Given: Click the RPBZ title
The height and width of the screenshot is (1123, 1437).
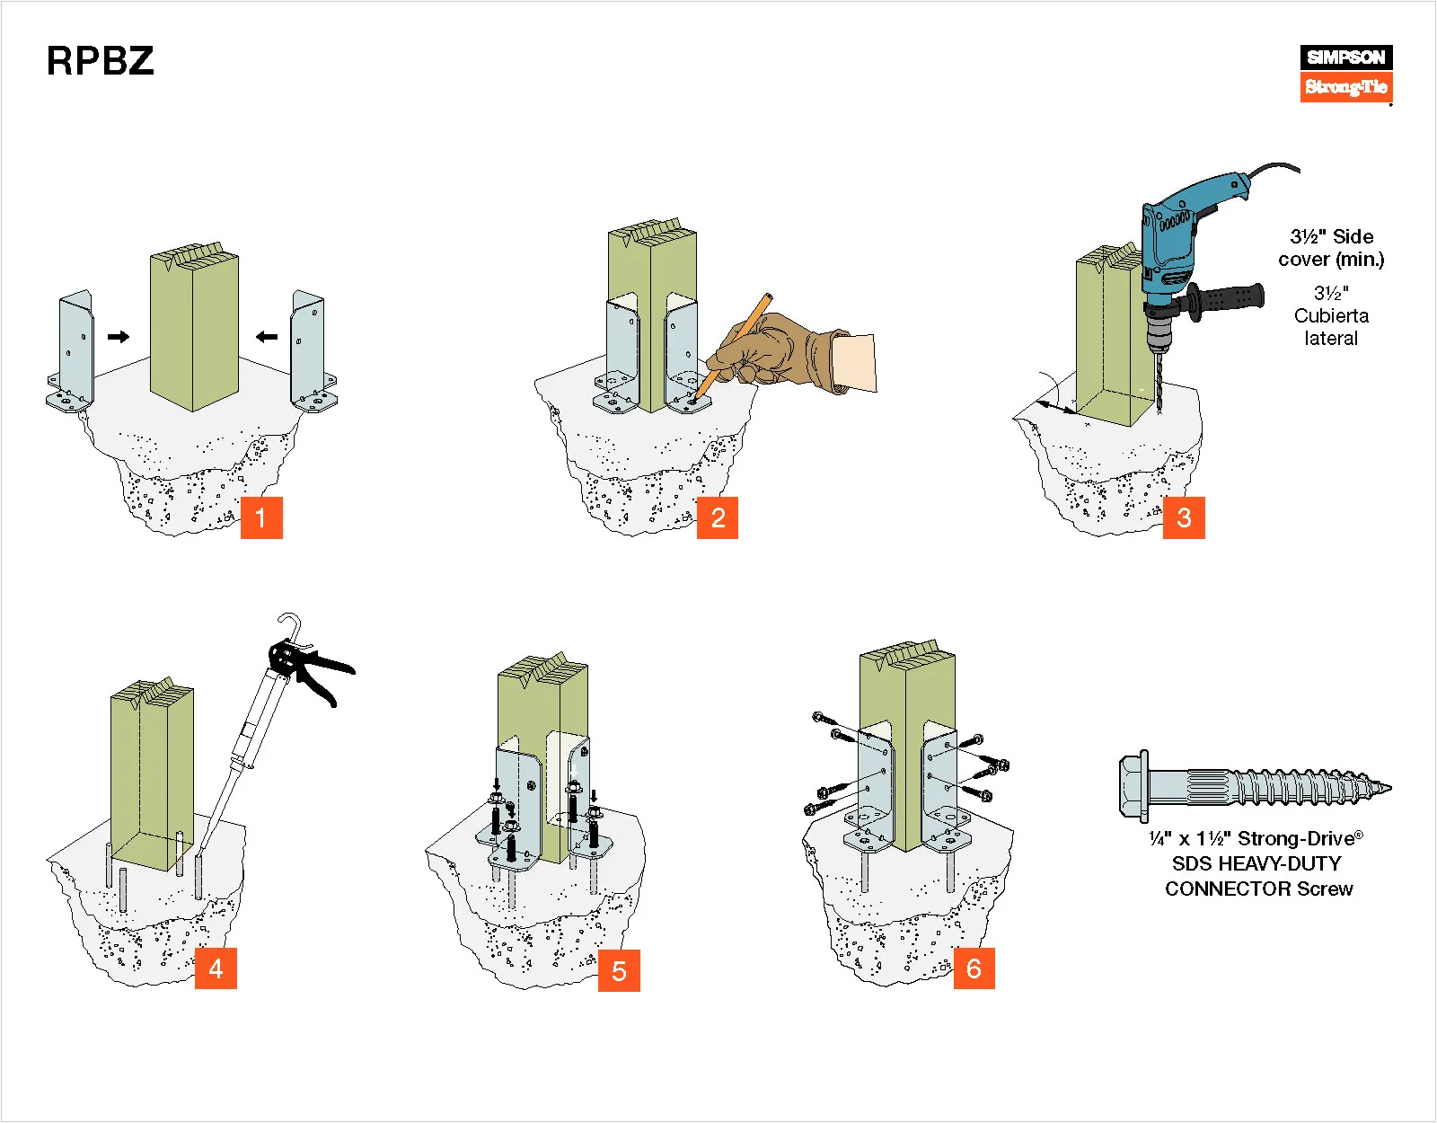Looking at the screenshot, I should tap(100, 61).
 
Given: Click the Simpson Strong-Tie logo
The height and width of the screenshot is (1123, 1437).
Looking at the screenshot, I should tap(1345, 73).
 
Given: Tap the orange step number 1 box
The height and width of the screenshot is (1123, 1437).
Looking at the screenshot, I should tap(261, 517).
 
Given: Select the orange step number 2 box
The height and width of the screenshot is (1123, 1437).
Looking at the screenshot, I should tap(718, 517).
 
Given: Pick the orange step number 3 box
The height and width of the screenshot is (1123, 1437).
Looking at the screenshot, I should tap(1184, 517).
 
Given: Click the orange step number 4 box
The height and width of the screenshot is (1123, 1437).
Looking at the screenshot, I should tap(216, 968).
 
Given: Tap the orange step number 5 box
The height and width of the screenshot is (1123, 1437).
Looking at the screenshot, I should tap(619, 970).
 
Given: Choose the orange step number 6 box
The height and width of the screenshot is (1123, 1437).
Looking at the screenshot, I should tap(974, 968).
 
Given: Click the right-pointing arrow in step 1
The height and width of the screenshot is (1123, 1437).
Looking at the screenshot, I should tap(119, 337).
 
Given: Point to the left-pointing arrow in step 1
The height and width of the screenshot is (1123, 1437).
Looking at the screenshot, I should tap(267, 337).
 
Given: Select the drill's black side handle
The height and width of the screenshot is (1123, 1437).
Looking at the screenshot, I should tap(1230, 298).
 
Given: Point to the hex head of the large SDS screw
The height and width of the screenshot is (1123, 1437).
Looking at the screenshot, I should tap(1133, 786).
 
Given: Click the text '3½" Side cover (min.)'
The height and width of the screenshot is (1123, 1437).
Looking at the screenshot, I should tap(1331, 248).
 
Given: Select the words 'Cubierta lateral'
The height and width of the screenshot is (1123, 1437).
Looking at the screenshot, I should tap(1331, 327).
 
